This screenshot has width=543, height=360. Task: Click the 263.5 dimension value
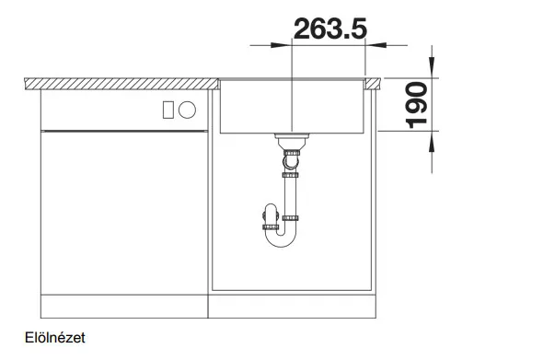[x=330, y=29]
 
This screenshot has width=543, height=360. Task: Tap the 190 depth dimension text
[x=416, y=105]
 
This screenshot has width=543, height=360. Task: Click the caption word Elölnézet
[x=55, y=338]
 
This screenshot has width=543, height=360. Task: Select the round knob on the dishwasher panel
[x=188, y=110]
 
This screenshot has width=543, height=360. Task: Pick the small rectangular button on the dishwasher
[x=168, y=110]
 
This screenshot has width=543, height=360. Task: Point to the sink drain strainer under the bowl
[x=292, y=140]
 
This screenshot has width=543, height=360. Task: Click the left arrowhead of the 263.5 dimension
[x=282, y=45]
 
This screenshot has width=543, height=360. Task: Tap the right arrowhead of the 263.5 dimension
[x=375, y=45]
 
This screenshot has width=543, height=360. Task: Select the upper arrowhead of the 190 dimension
[x=432, y=67]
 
